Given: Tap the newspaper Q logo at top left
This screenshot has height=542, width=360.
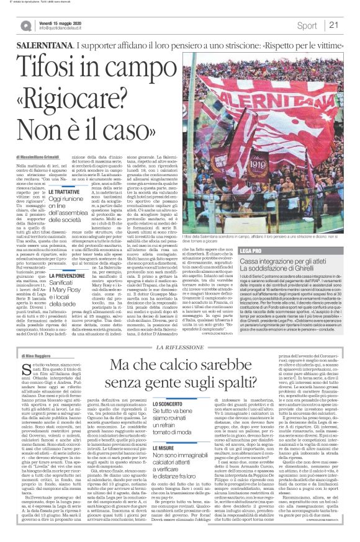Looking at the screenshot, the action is pos(25,25).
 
